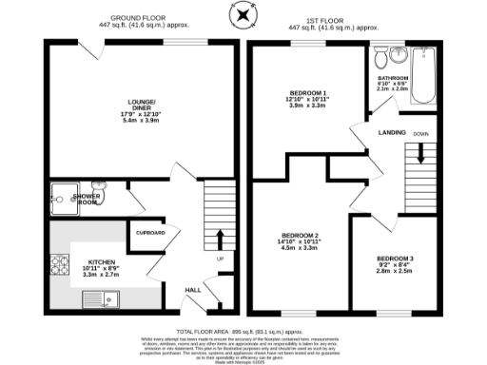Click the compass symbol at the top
(x=243, y=14)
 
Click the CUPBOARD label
(x=149, y=232)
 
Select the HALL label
(x=192, y=290)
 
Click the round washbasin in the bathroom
(x=399, y=54)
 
